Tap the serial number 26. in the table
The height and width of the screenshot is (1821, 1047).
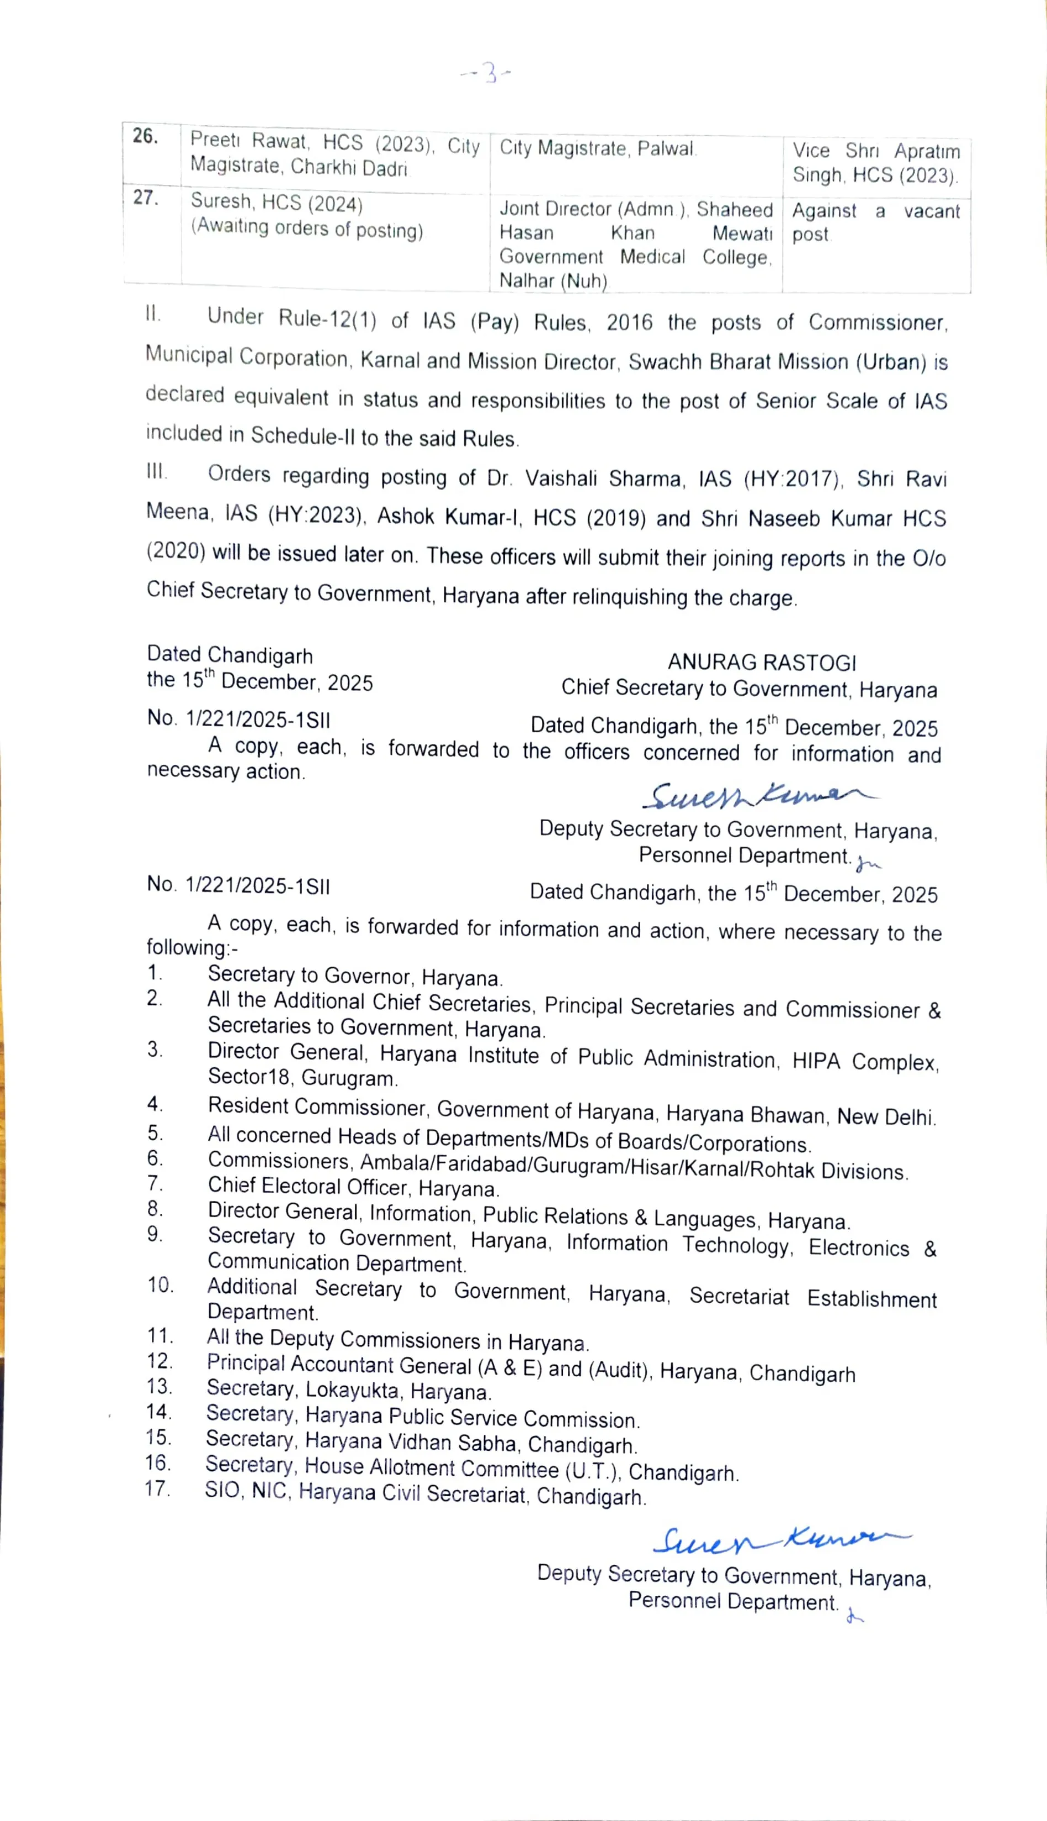tap(145, 136)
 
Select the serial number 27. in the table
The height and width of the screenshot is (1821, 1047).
tap(145, 198)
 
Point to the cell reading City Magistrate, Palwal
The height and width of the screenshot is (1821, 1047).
tap(598, 148)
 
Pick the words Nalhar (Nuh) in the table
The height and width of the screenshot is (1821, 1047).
tap(553, 280)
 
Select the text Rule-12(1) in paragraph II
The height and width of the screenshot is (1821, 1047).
tap(327, 318)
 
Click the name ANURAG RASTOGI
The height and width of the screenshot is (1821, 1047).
tap(762, 662)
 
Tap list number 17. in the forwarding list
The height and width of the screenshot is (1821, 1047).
tap(157, 1489)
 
